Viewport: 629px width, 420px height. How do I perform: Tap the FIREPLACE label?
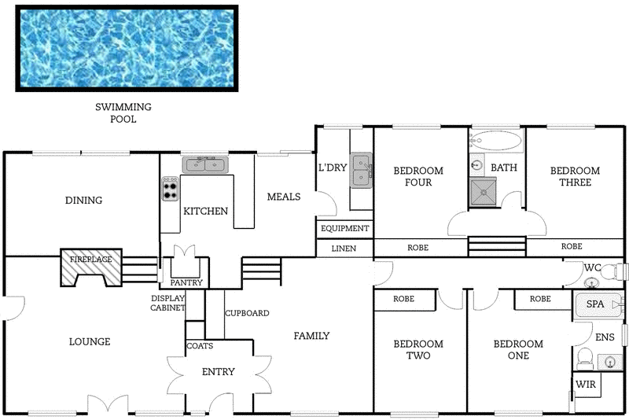click(90, 259)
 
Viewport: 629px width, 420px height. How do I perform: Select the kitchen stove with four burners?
click(171, 189)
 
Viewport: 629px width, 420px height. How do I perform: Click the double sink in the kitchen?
click(204, 164)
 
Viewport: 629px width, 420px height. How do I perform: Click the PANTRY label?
click(186, 282)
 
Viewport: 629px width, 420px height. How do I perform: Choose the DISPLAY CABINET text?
click(168, 303)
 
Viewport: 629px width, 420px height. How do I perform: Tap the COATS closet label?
click(199, 346)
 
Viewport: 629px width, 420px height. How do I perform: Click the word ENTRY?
click(218, 372)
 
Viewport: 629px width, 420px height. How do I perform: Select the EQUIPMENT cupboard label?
click(344, 229)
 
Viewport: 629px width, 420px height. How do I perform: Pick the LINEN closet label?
click(344, 249)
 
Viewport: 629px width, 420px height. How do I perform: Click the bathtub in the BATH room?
click(496, 142)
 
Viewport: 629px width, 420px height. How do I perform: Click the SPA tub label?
click(594, 304)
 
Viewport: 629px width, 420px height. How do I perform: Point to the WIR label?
click(585, 385)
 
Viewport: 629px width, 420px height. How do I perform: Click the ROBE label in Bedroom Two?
click(403, 300)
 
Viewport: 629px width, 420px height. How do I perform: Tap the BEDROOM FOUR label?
click(417, 177)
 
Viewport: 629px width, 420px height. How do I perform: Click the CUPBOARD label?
click(247, 313)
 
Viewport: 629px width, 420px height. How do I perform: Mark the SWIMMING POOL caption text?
click(123, 113)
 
